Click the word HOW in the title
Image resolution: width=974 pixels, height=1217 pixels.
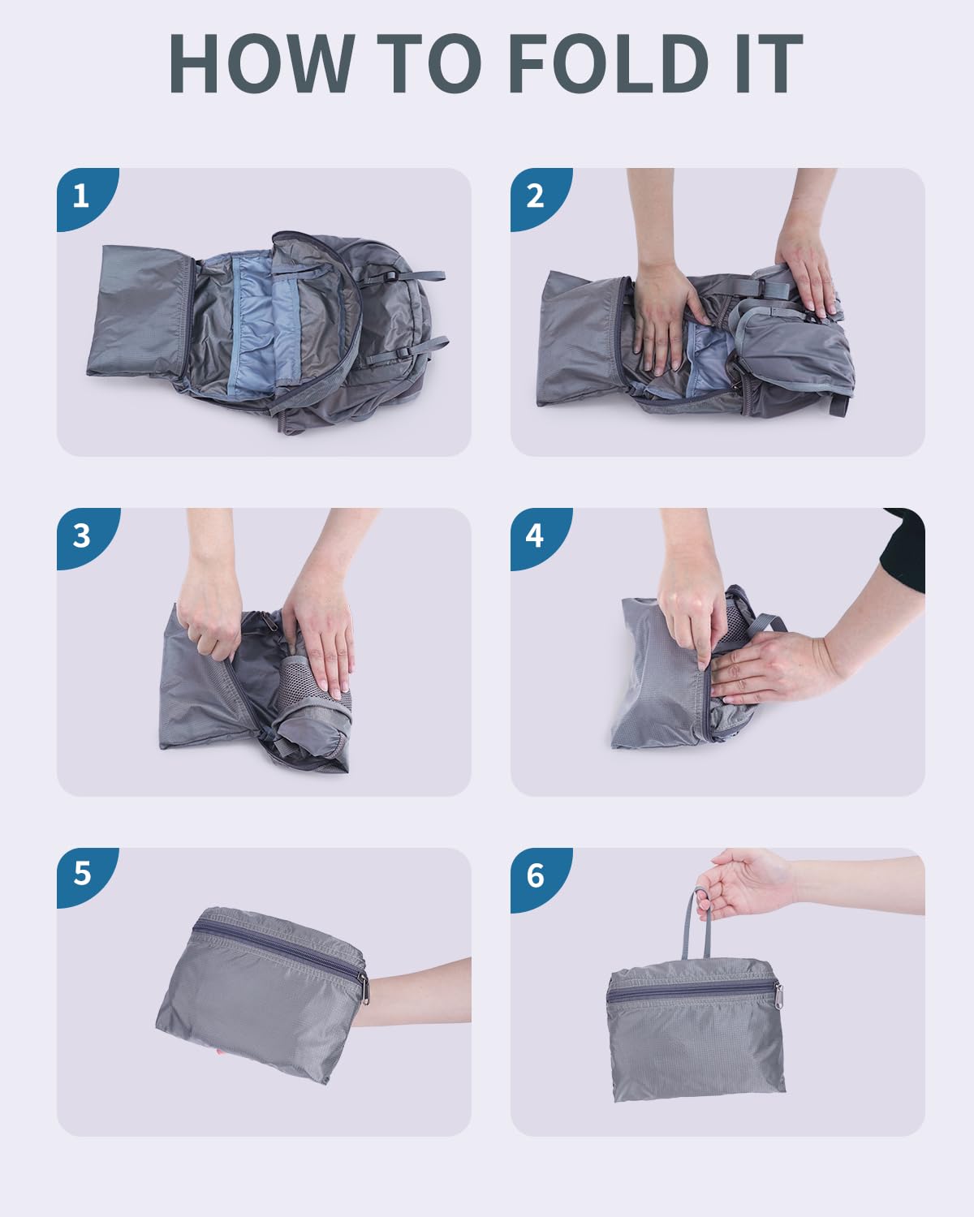tap(262, 62)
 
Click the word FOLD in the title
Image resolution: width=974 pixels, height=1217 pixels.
tap(609, 62)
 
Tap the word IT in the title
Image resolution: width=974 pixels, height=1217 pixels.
tap(769, 62)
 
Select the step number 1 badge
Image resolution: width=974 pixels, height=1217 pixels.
tap(82, 196)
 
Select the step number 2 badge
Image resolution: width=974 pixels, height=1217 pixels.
tap(536, 196)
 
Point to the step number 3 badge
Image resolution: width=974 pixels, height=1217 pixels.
tap(82, 535)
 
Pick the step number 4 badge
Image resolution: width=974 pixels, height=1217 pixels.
tap(536, 535)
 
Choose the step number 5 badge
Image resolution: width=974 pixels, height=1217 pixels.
tap(82, 875)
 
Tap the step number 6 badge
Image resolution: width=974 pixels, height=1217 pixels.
tap(536, 875)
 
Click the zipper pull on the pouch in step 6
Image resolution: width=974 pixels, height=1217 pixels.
tap(778, 996)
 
